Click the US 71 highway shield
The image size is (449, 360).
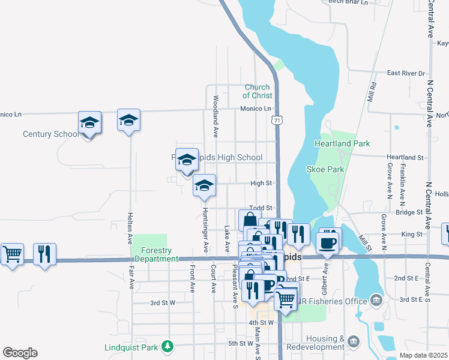276,121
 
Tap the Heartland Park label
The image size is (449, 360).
342,143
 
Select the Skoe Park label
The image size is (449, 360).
325,169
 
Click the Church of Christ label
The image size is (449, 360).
258,91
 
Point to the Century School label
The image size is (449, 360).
51,134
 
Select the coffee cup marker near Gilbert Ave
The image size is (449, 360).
327,242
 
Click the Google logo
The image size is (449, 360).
20,353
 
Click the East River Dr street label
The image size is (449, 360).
406,73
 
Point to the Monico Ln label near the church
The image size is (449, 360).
256,109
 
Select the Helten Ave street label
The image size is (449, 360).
130,227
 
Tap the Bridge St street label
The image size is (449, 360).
410,212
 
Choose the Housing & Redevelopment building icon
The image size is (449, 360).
354,342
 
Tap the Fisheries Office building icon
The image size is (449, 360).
376,299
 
